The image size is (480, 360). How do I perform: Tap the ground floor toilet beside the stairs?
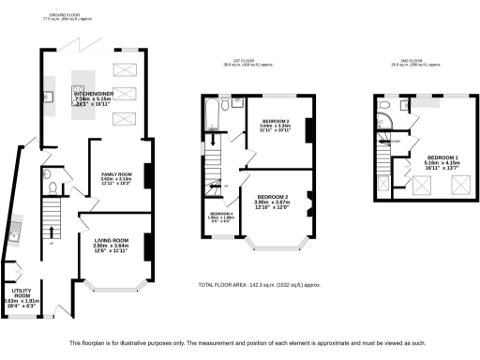point(48,174)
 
